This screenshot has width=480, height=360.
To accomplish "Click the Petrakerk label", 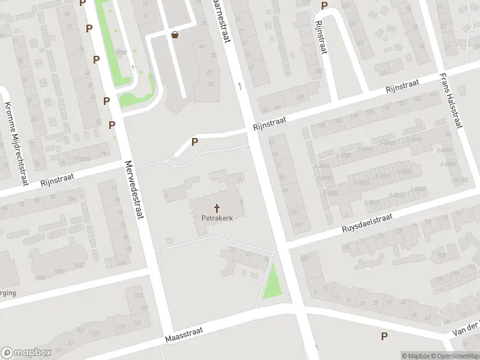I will [x=217, y=218].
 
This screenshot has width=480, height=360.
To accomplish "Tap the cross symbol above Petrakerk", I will [x=217, y=207].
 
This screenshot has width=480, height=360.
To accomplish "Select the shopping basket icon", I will [x=175, y=35].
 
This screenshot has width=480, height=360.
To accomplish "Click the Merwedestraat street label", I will [x=136, y=190].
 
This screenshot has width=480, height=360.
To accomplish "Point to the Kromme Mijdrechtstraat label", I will [x=17, y=143].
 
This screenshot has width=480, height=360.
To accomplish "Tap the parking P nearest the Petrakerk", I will [x=194, y=142].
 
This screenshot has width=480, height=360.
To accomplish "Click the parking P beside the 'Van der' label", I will [x=384, y=337].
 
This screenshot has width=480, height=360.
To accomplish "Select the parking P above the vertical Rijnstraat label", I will [x=324, y=6].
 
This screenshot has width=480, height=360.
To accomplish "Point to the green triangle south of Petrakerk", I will [x=273, y=283].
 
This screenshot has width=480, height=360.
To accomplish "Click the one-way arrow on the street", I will [x=240, y=86].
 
